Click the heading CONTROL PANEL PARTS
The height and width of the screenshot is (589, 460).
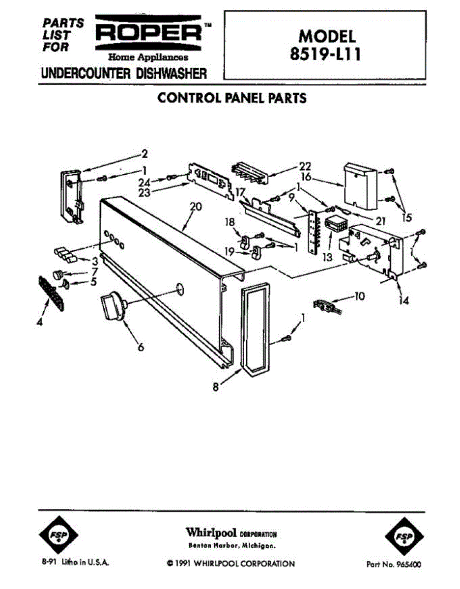(x=231, y=98)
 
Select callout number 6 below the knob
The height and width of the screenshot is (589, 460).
(x=141, y=348)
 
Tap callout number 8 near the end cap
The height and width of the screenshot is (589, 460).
(x=216, y=387)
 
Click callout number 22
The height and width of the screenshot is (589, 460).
(x=305, y=166)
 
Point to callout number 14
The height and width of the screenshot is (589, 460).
(x=403, y=301)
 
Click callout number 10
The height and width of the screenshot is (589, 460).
(x=359, y=296)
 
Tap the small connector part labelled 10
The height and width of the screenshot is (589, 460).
(x=325, y=307)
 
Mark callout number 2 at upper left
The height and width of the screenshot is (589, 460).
(x=144, y=154)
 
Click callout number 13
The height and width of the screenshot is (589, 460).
(x=326, y=256)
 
